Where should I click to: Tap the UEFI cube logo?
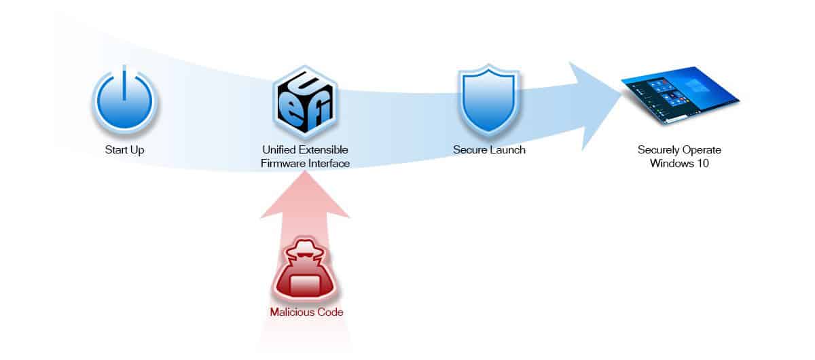tap(305, 102)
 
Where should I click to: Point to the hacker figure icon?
tap(305, 272)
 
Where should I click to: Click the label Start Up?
tap(124, 149)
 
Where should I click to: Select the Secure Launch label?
tap(489, 149)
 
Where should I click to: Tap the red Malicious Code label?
tap(305, 312)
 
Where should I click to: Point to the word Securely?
tap(658, 149)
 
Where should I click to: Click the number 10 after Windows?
tap(703, 163)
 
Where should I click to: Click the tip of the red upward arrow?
tap(305, 175)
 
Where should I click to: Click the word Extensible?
tap(325, 149)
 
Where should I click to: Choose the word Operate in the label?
tap(702, 149)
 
